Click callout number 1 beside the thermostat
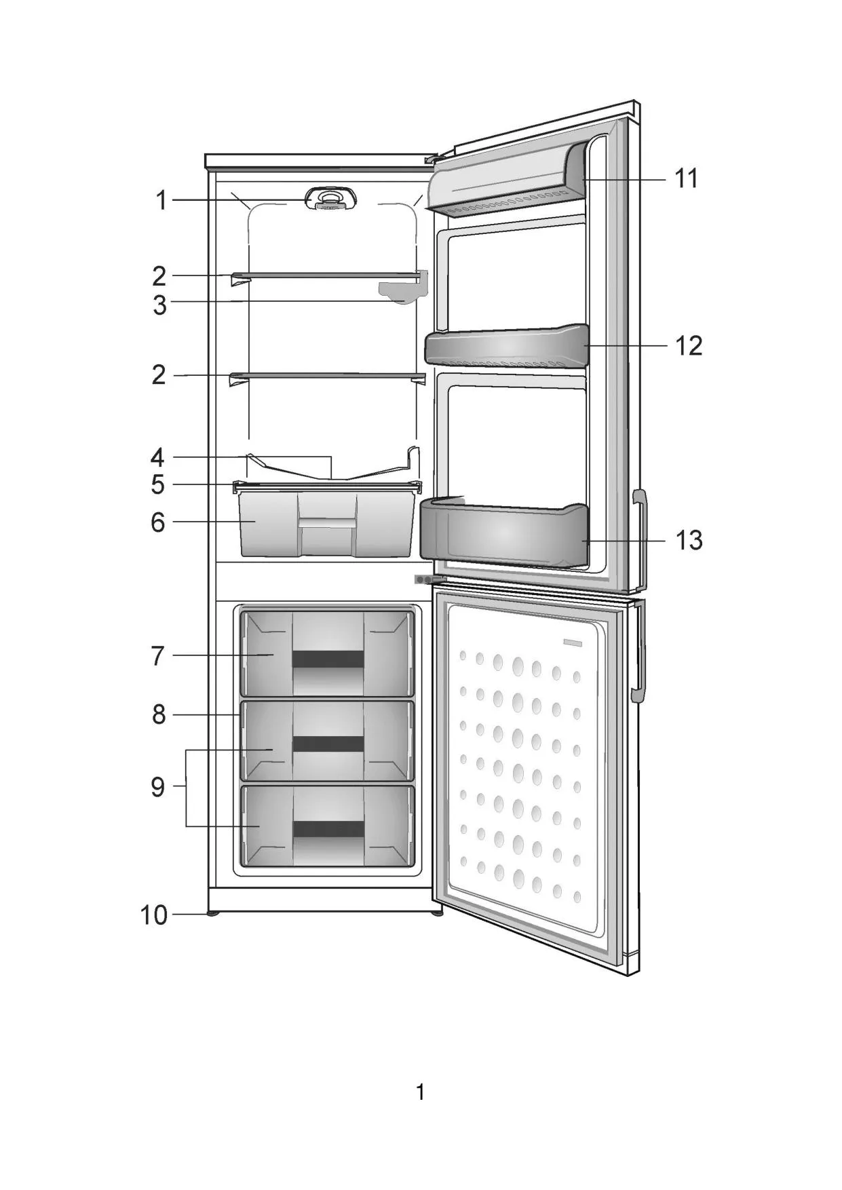161,201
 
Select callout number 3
159,305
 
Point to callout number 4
158,457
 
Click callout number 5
158,484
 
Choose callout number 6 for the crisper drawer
158,522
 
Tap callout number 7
158,656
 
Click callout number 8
158,714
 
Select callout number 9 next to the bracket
158,787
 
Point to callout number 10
154,915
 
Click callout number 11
686,178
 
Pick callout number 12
688,345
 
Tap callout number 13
688,540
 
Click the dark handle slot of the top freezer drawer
328,659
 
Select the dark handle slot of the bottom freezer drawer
328,829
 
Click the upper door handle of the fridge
640,539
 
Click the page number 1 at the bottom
421,1092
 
